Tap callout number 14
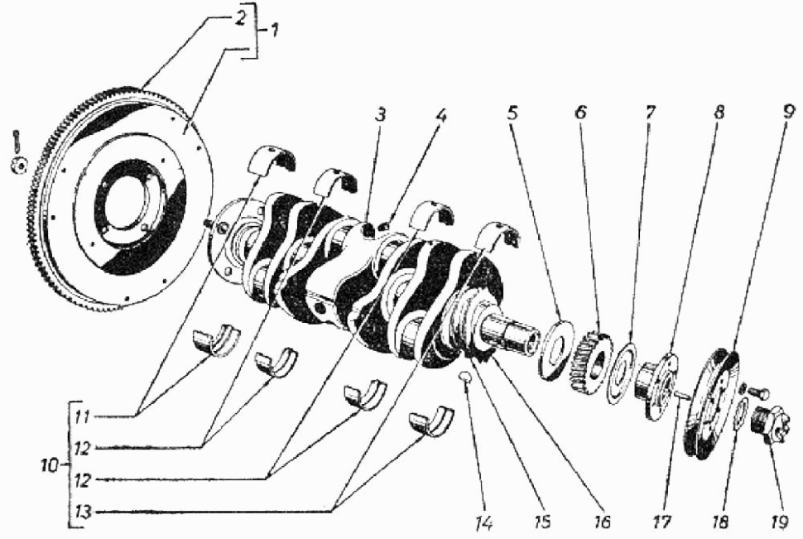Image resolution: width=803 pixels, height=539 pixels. [483, 523]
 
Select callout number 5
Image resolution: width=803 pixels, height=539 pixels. [513, 110]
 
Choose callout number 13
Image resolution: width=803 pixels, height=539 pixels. [80, 511]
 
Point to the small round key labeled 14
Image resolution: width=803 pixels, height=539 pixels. [465, 379]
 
